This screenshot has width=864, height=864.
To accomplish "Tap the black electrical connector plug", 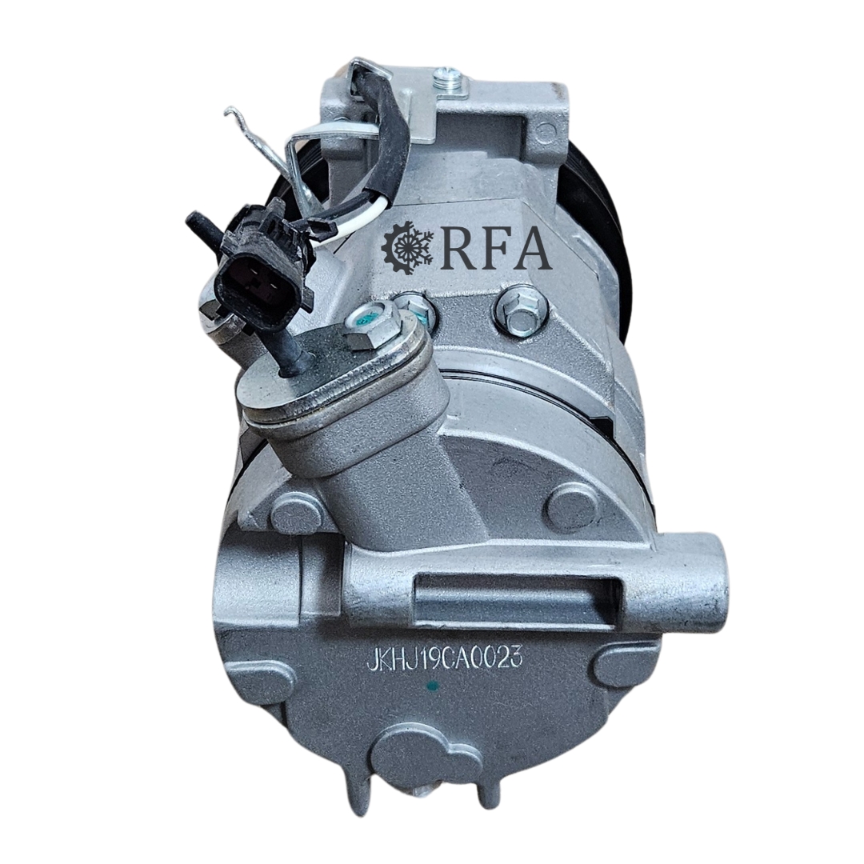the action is (x=257, y=272).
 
